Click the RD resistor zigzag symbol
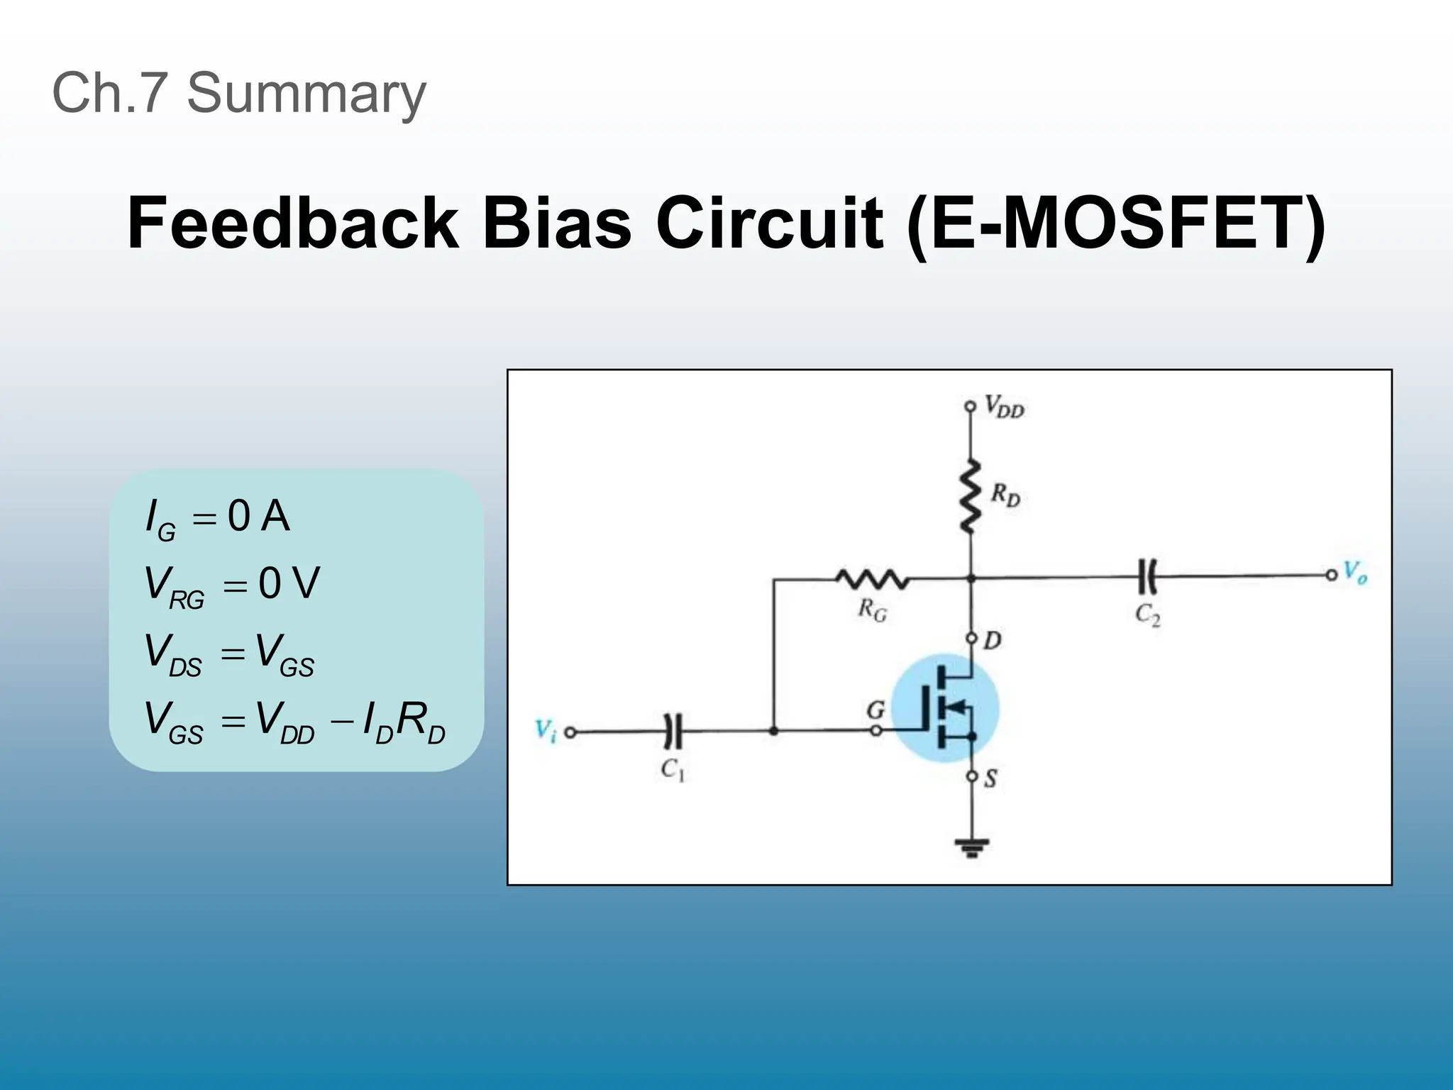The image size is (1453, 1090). click(970, 496)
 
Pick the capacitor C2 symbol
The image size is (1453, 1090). click(1147, 576)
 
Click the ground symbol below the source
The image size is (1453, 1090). click(971, 847)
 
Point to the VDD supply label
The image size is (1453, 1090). click(1004, 408)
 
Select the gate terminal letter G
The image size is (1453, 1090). click(875, 710)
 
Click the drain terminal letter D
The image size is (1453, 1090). click(992, 641)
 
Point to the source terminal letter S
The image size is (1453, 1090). click(990, 778)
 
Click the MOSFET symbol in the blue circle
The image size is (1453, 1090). click(945, 708)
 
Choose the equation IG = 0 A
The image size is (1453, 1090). click(217, 517)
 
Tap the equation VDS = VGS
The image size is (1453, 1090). click(229, 654)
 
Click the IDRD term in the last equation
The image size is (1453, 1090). click(403, 722)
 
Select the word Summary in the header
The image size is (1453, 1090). click(306, 93)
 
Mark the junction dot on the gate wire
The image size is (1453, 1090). click(773, 730)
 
